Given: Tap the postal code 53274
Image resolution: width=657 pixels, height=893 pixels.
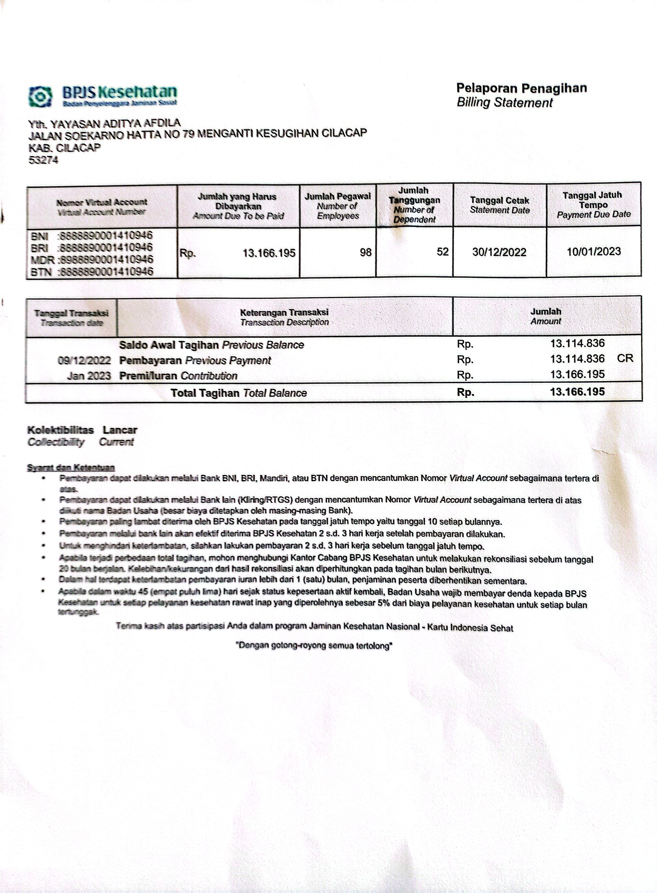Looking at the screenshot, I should tap(43, 160).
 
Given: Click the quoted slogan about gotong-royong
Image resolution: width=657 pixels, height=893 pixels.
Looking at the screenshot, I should tap(314, 646).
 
